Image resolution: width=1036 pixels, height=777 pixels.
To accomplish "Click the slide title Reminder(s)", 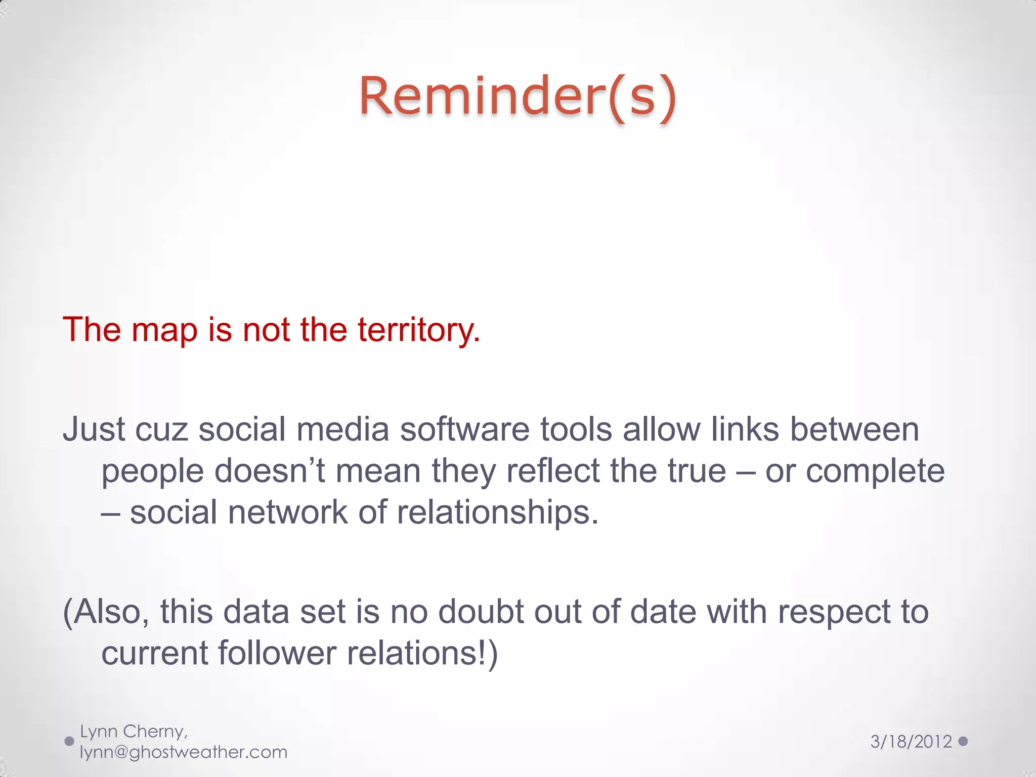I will [x=517, y=96].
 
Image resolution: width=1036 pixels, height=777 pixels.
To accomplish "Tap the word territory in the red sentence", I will [x=418, y=329].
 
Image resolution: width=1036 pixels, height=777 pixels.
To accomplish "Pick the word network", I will [x=287, y=512].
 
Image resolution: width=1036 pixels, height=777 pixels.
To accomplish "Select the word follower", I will [x=277, y=653].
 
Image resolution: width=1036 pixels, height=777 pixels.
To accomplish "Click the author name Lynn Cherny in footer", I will [x=134, y=731].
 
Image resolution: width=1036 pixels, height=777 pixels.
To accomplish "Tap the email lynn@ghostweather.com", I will [x=184, y=752].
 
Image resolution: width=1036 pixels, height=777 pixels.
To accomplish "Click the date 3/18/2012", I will [x=911, y=742].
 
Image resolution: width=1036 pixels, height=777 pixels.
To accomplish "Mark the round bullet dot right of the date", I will [x=963, y=741].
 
